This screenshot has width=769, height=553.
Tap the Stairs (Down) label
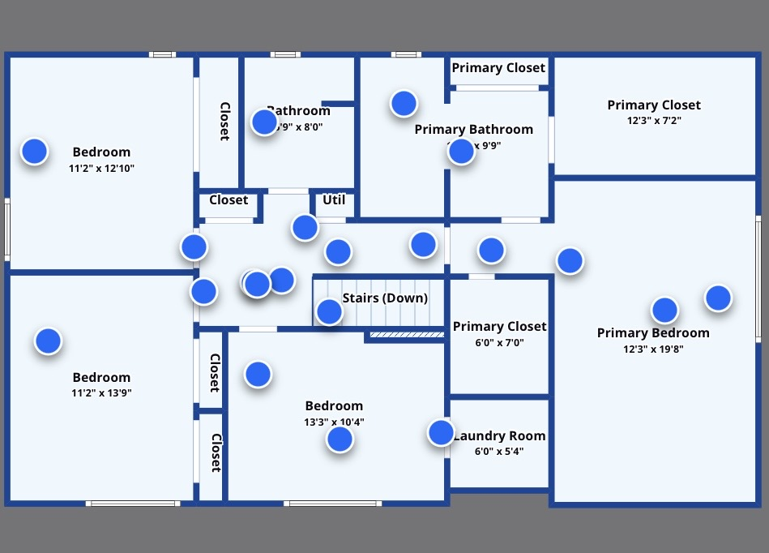coord(385,298)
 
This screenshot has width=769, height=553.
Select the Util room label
coord(334,200)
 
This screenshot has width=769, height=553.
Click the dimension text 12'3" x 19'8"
coord(653,349)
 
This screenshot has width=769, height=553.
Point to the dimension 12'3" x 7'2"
coord(653,120)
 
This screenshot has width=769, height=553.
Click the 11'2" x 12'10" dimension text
coord(101,169)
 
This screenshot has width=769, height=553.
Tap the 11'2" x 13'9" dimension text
coord(101,393)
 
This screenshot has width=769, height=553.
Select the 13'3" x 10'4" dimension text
coord(334,422)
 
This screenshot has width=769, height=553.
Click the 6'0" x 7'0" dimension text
coord(499,342)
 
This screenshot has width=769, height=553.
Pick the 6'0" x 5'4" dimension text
coord(499,452)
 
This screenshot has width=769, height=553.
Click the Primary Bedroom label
coord(653,333)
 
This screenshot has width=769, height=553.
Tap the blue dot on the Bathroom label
coord(264,122)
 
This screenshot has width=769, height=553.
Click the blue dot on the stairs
coord(329,311)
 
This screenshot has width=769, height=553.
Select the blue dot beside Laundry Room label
coord(441,432)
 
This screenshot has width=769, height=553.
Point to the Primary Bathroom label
coord(473,130)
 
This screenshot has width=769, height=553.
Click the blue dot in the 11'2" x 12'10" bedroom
coord(34,151)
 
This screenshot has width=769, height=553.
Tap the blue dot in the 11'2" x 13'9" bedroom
coord(48,341)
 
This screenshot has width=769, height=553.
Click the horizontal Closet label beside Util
coord(229,200)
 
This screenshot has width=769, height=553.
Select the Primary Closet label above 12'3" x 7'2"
coord(653,105)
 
